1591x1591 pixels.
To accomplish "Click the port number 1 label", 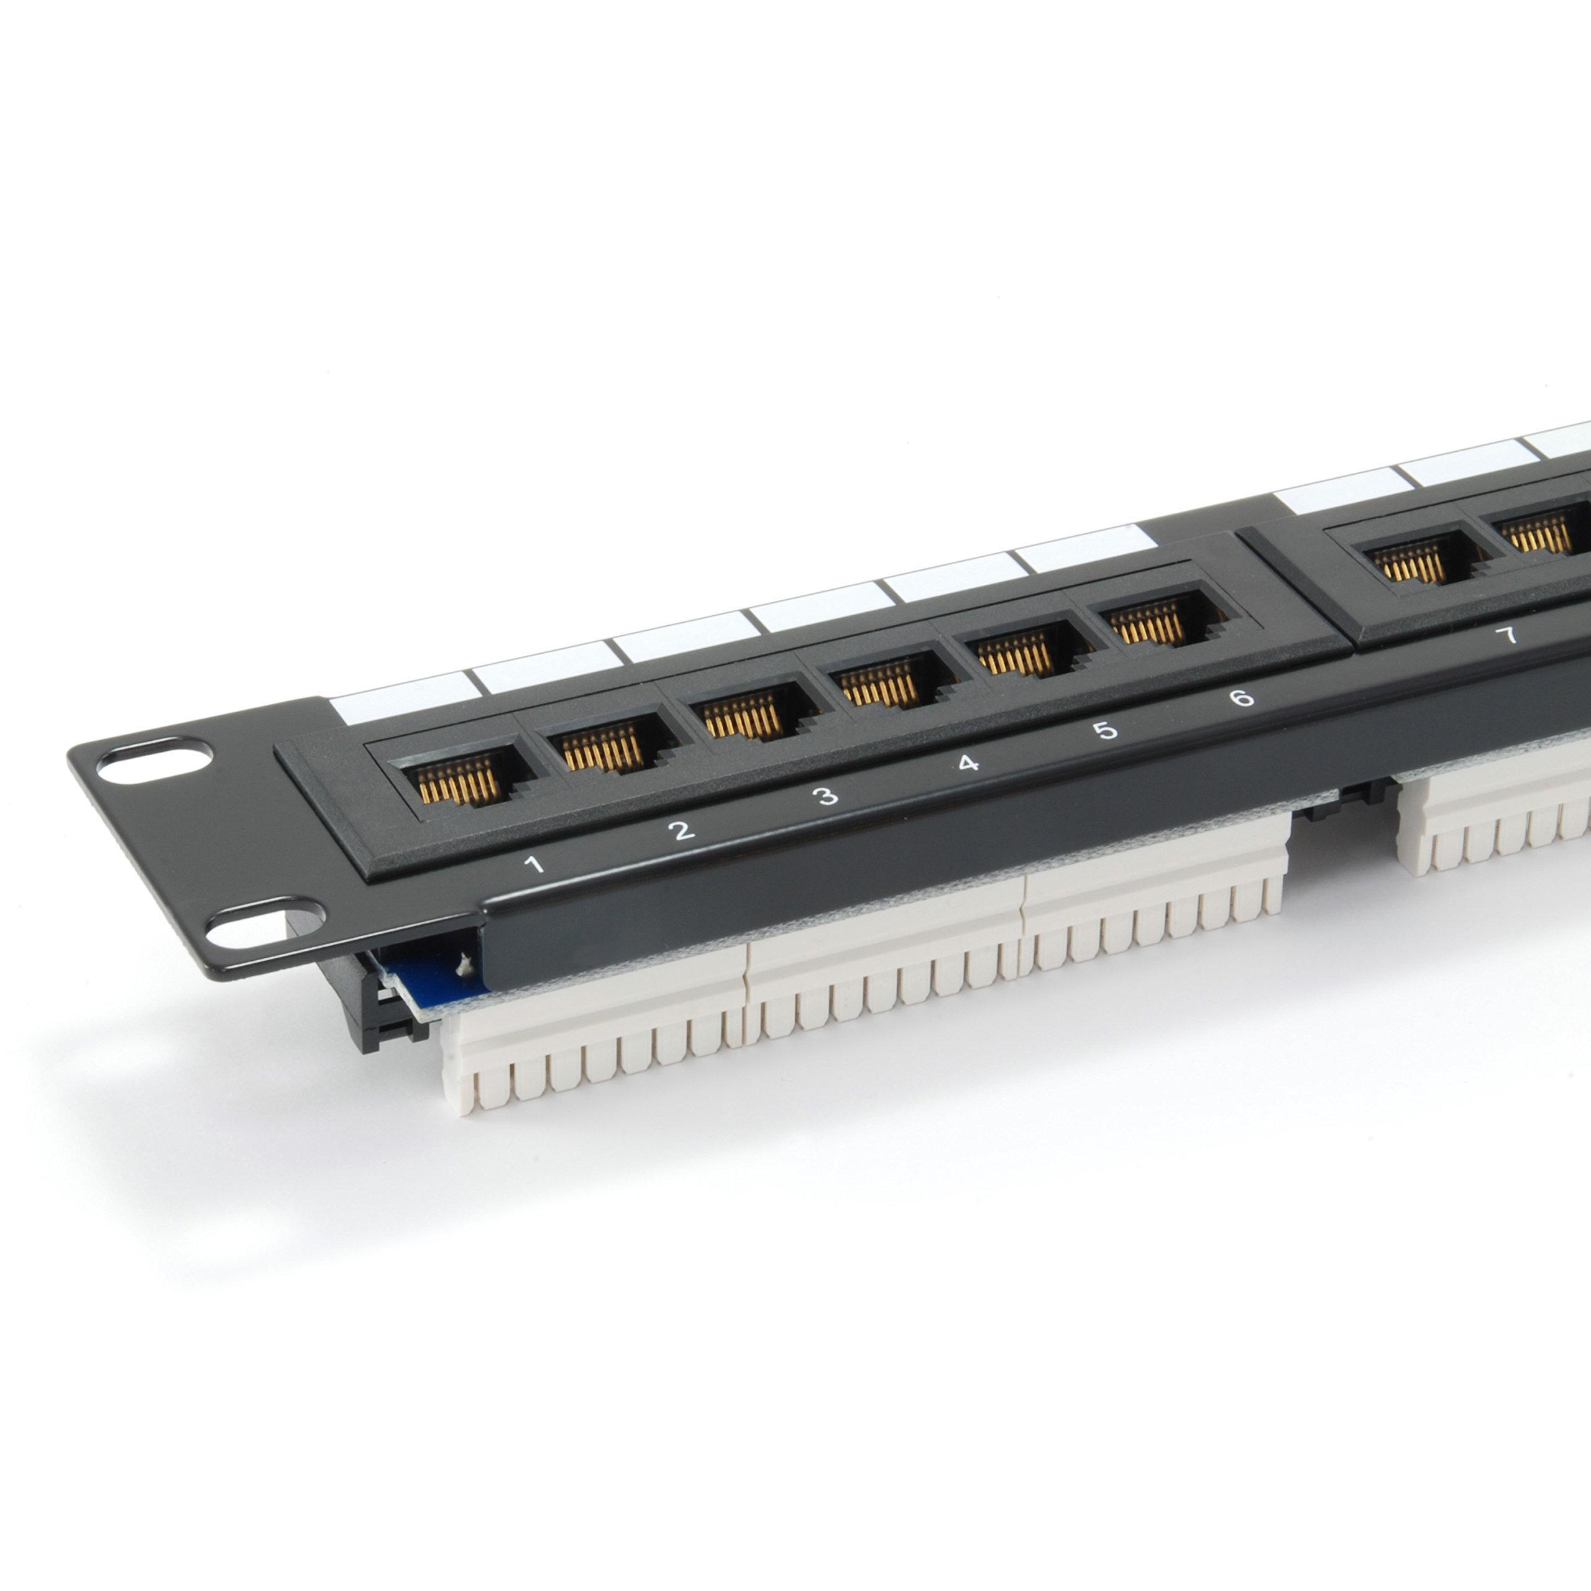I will (536, 864).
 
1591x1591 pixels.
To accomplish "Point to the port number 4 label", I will (968, 763).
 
